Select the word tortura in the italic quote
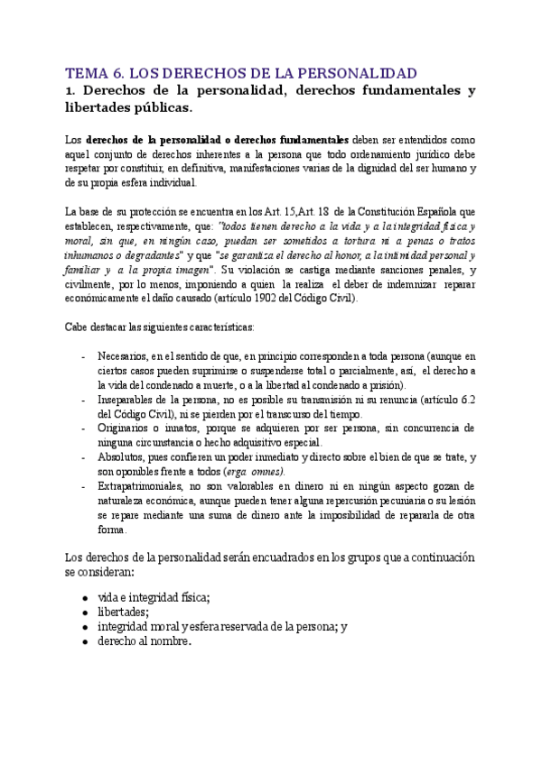pos(375,241)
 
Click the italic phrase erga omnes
pos(256,472)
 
